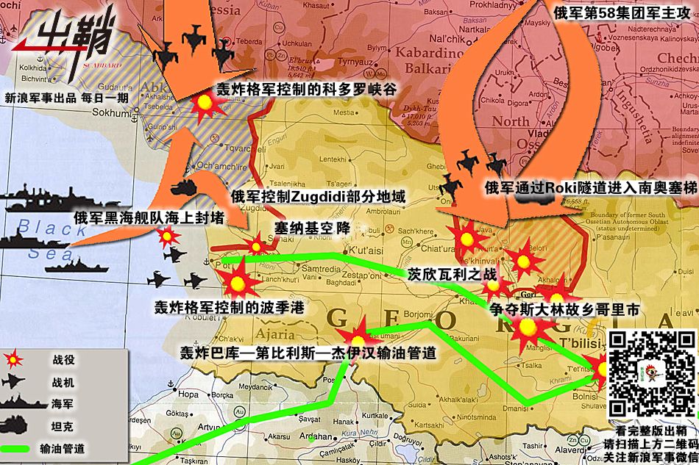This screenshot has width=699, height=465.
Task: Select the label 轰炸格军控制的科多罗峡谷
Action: pos(305,90)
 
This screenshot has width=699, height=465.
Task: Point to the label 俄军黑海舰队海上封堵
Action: pos(149,217)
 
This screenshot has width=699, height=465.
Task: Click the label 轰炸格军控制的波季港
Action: pos(229,307)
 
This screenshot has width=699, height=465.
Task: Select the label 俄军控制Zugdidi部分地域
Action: pos(318,197)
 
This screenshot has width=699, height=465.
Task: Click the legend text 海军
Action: pos(63,404)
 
